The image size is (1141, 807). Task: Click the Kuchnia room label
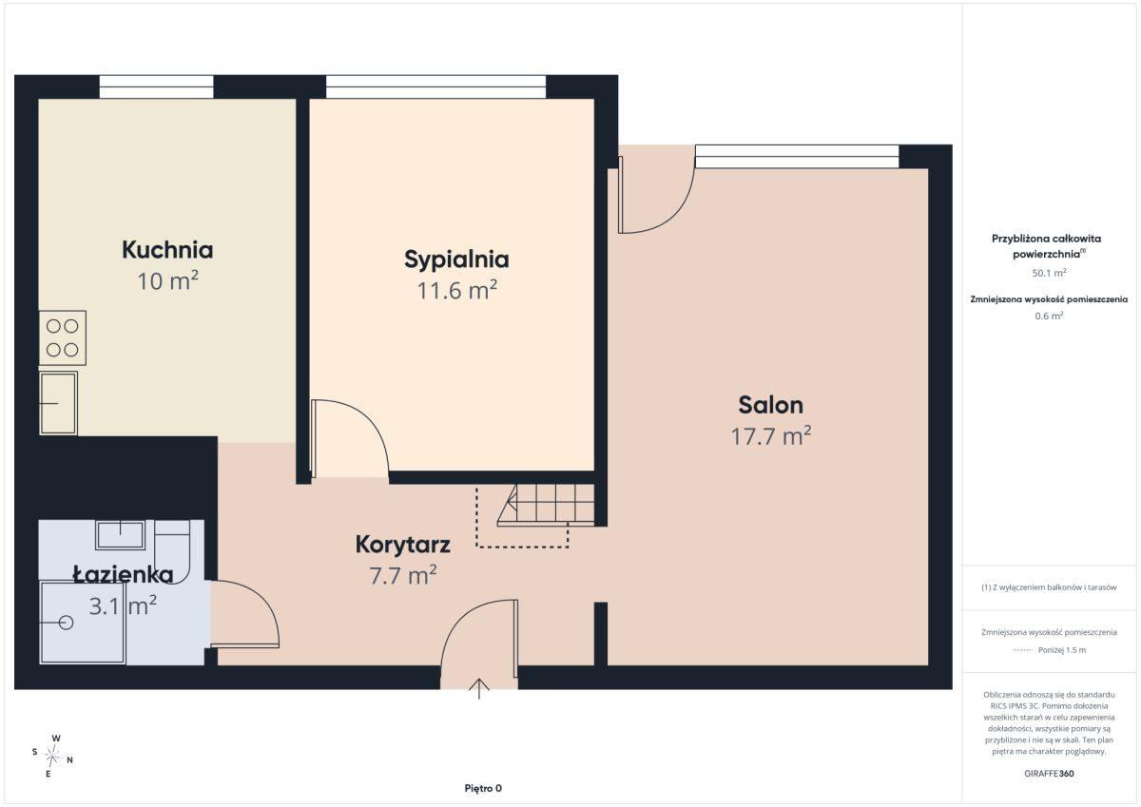click(167, 250)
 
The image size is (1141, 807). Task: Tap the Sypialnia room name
click(456, 260)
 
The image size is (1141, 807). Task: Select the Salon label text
click(771, 405)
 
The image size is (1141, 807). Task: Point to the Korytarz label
click(402, 545)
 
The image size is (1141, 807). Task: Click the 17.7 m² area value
click(771, 436)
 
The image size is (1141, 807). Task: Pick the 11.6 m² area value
click(457, 291)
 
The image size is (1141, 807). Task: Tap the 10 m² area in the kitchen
click(167, 281)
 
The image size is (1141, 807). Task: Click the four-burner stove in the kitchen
click(63, 338)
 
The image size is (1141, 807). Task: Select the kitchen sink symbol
click(59, 403)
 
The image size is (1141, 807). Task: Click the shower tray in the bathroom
click(83, 623)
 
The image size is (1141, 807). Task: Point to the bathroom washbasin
click(120, 534)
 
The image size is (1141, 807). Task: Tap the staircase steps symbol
click(546, 505)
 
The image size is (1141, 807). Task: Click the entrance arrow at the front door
click(479, 689)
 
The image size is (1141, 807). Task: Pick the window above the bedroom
click(436, 86)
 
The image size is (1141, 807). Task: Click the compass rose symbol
click(52, 756)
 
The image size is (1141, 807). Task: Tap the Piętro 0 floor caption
click(483, 788)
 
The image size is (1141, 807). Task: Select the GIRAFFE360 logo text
click(1049, 774)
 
